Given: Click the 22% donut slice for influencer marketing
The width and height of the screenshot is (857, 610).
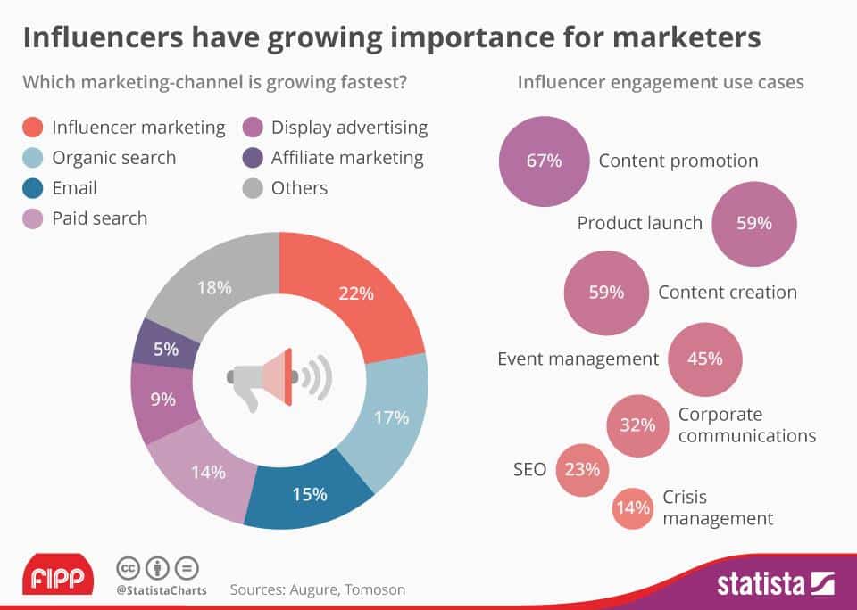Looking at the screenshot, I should [x=357, y=294].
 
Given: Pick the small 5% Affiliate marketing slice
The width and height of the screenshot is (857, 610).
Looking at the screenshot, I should [x=165, y=350].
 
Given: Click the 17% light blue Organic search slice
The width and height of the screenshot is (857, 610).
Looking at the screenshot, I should [x=391, y=417].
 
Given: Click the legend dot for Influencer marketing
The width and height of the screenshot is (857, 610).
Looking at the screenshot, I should [x=31, y=128].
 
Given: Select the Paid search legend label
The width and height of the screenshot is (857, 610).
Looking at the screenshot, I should [x=99, y=218].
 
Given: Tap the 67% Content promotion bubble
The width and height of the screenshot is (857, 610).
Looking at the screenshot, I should [x=544, y=161].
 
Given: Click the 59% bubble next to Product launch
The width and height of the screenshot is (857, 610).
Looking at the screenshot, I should [x=754, y=223].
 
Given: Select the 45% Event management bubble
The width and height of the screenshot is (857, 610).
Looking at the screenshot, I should [x=705, y=359].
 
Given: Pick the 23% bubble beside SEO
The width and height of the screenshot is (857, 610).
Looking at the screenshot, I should [x=583, y=468].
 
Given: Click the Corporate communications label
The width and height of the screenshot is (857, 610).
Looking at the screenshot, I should [x=746, y=425].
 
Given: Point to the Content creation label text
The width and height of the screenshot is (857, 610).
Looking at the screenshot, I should [x=728, y=293].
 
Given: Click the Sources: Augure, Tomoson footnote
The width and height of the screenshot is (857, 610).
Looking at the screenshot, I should [x=317, y=589].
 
